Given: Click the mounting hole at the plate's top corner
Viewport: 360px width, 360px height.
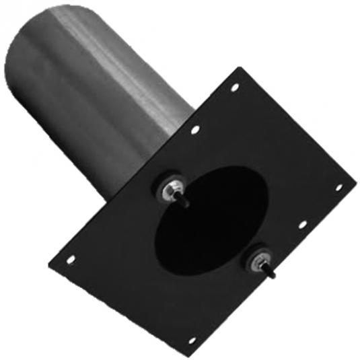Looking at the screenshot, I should pos(235,87).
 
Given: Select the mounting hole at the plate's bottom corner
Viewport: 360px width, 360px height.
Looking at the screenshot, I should pos(192,340).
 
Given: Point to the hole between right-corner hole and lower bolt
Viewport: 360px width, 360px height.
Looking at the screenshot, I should pos(302,224).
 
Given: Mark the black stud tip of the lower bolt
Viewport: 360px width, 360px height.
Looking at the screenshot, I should pos(272,275).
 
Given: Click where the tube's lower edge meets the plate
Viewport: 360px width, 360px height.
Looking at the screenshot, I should pos(114,202).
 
